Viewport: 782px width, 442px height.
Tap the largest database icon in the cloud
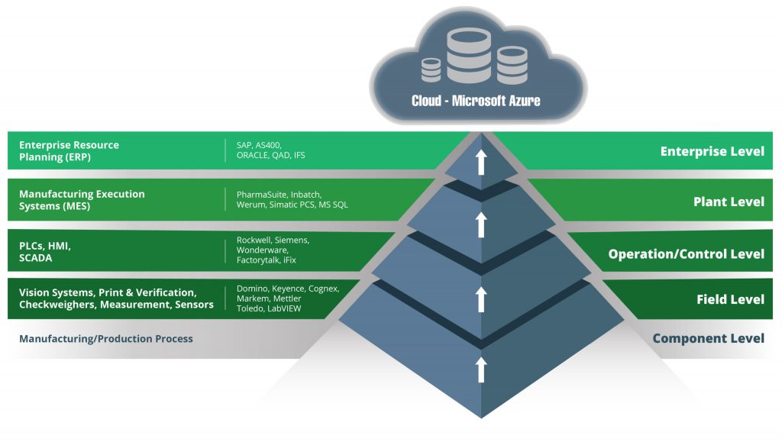(468, 57)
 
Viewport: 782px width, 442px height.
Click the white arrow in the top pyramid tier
(481, 162)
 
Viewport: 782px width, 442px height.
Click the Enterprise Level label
(712, 151)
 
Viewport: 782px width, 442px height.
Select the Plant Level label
(728, 202)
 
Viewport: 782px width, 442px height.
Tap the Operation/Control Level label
(686, 253)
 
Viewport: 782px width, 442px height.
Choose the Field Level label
(730, 299)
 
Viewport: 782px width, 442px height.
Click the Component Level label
(708, 338)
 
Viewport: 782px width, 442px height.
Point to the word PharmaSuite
(262, 194)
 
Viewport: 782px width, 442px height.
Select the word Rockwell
(255, 240)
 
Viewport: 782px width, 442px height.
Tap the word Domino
(252, 289)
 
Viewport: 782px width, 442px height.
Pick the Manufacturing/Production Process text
(106, 338)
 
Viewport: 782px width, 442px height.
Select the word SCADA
(37, 258)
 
